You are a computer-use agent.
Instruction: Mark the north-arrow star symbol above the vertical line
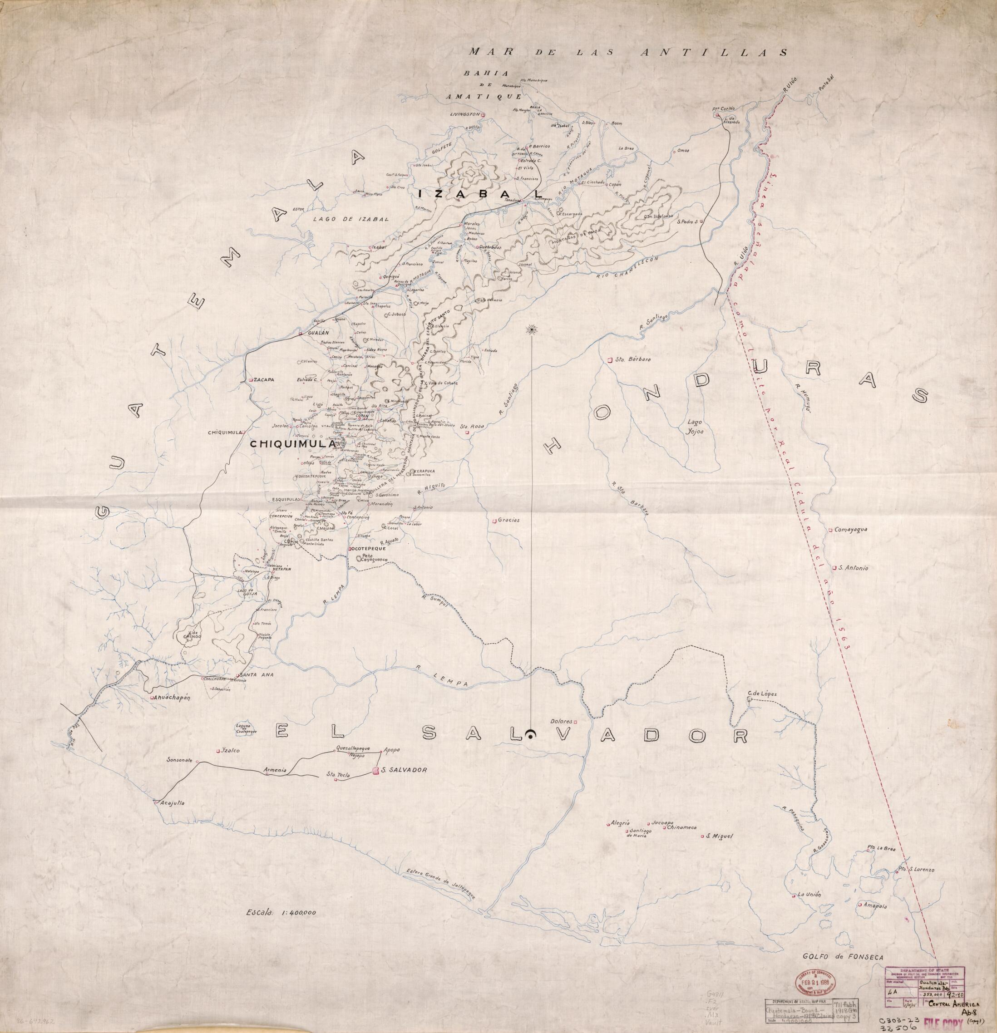(531, 329)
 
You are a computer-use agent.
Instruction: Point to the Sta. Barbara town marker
(610, 360)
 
